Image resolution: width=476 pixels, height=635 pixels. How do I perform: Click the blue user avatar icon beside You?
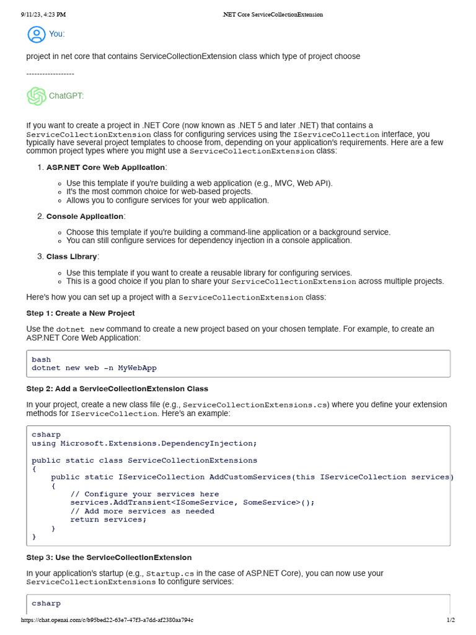tap(37, 34)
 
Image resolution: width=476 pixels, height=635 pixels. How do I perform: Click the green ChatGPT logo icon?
tap(36, 96)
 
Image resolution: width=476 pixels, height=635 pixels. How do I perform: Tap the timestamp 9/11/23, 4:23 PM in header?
tap(43, 14)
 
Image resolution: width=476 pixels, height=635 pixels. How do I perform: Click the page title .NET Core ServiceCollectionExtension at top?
tap(272, 14)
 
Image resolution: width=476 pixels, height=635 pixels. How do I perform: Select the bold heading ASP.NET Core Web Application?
tap(105, 167)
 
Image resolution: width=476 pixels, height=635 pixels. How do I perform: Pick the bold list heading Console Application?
tap(84, 216)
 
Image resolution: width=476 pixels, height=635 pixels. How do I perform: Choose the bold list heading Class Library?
tap(71, 257)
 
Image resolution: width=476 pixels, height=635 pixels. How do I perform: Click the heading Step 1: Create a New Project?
tap(80, 313)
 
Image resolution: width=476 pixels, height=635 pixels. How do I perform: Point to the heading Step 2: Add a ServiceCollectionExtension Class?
tap(117, 389)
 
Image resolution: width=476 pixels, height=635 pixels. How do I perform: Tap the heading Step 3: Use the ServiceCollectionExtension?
tap(108, 557)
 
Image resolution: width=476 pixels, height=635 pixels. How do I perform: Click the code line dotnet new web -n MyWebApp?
tap(94, 368)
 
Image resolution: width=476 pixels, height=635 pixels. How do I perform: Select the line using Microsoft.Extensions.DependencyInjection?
tap(144, 443)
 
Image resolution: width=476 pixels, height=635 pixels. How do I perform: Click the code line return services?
tap(108, 520)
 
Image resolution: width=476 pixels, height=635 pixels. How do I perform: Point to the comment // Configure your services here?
tap(144, 494)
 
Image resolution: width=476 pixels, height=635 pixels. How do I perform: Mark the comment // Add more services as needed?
tap(142, 511)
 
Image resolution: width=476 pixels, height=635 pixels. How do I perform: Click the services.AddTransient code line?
tap(192, 502)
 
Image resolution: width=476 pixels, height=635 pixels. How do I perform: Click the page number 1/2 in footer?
tap(451, 620)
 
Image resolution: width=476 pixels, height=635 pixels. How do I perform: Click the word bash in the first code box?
tap(42, 360)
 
